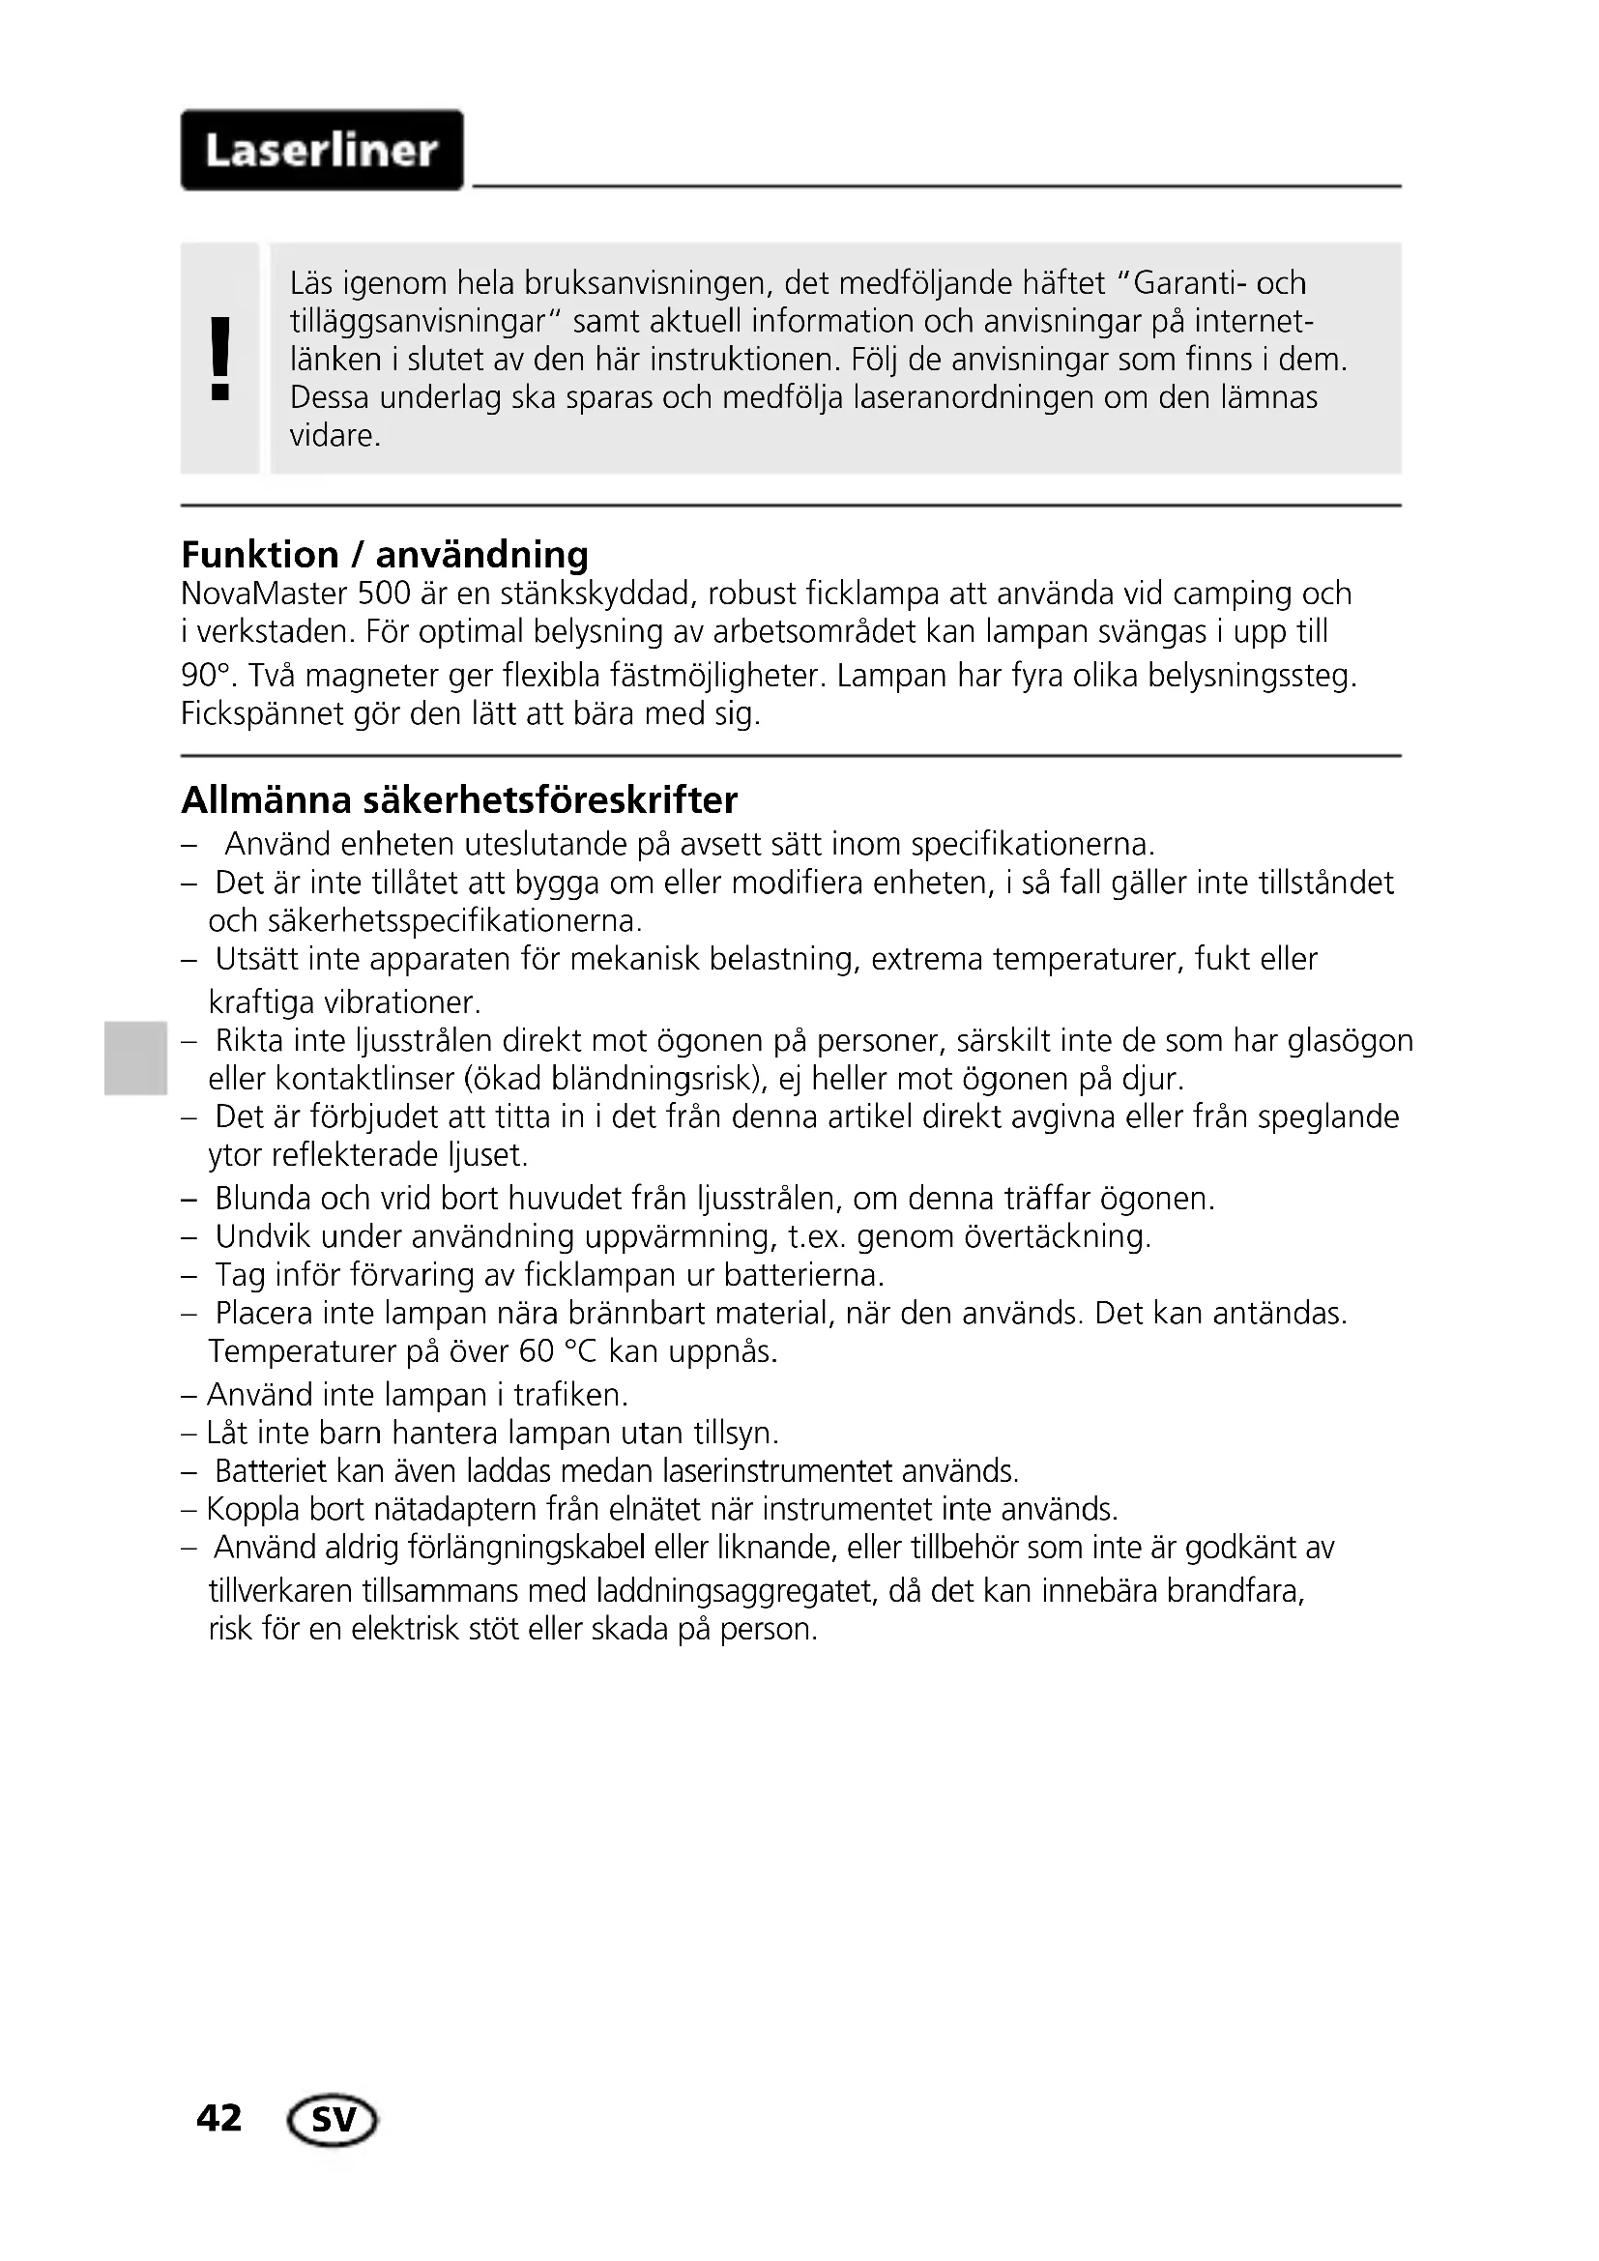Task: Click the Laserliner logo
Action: [322, 151]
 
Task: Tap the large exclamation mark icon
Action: [221, 359]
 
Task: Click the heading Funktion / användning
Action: [385, 556]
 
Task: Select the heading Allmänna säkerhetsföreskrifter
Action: [459, 799]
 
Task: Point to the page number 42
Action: [218, 2117]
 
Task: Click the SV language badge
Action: [333, 2119]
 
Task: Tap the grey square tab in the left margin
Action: [134, 1059]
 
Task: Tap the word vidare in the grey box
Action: [334, 436]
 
